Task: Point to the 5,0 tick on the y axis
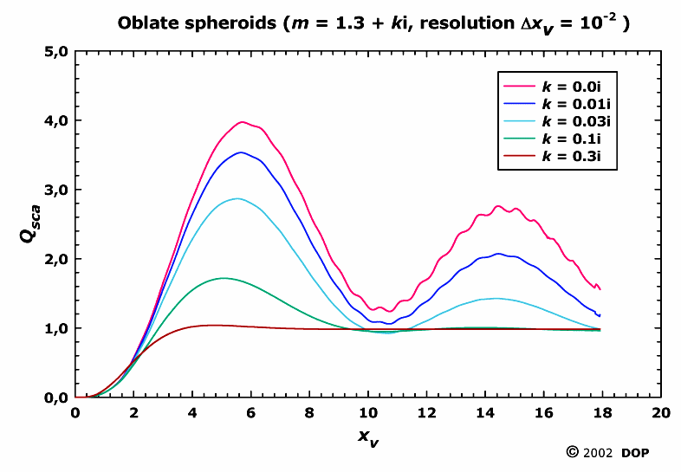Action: tap(55, 51)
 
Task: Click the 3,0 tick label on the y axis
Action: tap(55, 190)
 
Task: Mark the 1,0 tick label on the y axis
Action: tap(55, 328)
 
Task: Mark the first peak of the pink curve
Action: tap(243, 122)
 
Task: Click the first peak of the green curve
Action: tap(224, 278)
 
